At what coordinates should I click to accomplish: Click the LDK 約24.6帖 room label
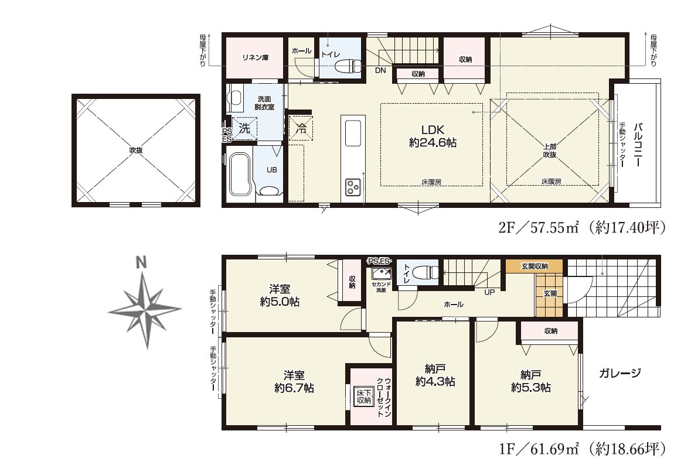433,136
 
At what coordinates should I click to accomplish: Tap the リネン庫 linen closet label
255,57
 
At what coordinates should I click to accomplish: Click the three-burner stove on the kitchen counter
353,187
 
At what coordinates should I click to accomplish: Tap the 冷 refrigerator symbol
301,129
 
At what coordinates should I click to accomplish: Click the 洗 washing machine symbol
244,129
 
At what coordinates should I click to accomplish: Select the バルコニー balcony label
638,145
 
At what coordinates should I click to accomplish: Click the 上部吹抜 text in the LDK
549,151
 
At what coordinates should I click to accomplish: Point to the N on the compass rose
141,264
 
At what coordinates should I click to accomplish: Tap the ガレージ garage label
619,373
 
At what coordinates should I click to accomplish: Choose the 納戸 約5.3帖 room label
530,381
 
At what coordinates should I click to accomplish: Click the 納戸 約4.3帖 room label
435,375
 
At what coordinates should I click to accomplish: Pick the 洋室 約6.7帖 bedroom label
294,381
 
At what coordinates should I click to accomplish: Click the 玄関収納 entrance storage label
535,266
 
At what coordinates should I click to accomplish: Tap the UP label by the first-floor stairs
489,292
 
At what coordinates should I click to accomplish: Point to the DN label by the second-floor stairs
380,70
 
